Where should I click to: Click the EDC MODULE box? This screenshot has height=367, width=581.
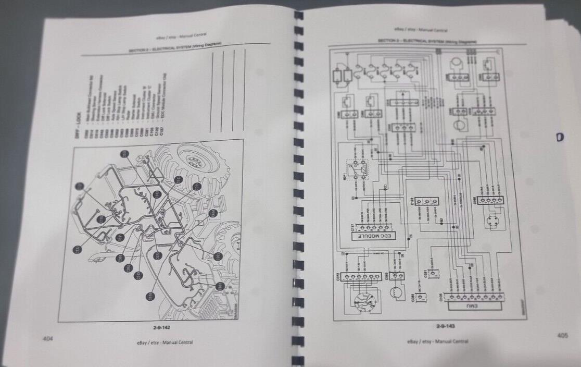tap(374, 236)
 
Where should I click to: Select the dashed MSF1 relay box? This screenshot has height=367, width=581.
tap(358, 170)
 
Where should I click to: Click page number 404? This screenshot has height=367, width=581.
tap(49, 338)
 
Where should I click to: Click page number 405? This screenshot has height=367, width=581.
tap(562, 336)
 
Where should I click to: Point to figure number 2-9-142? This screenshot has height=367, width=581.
tap(162, 327)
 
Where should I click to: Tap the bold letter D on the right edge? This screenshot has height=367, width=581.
tap(559, 138)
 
